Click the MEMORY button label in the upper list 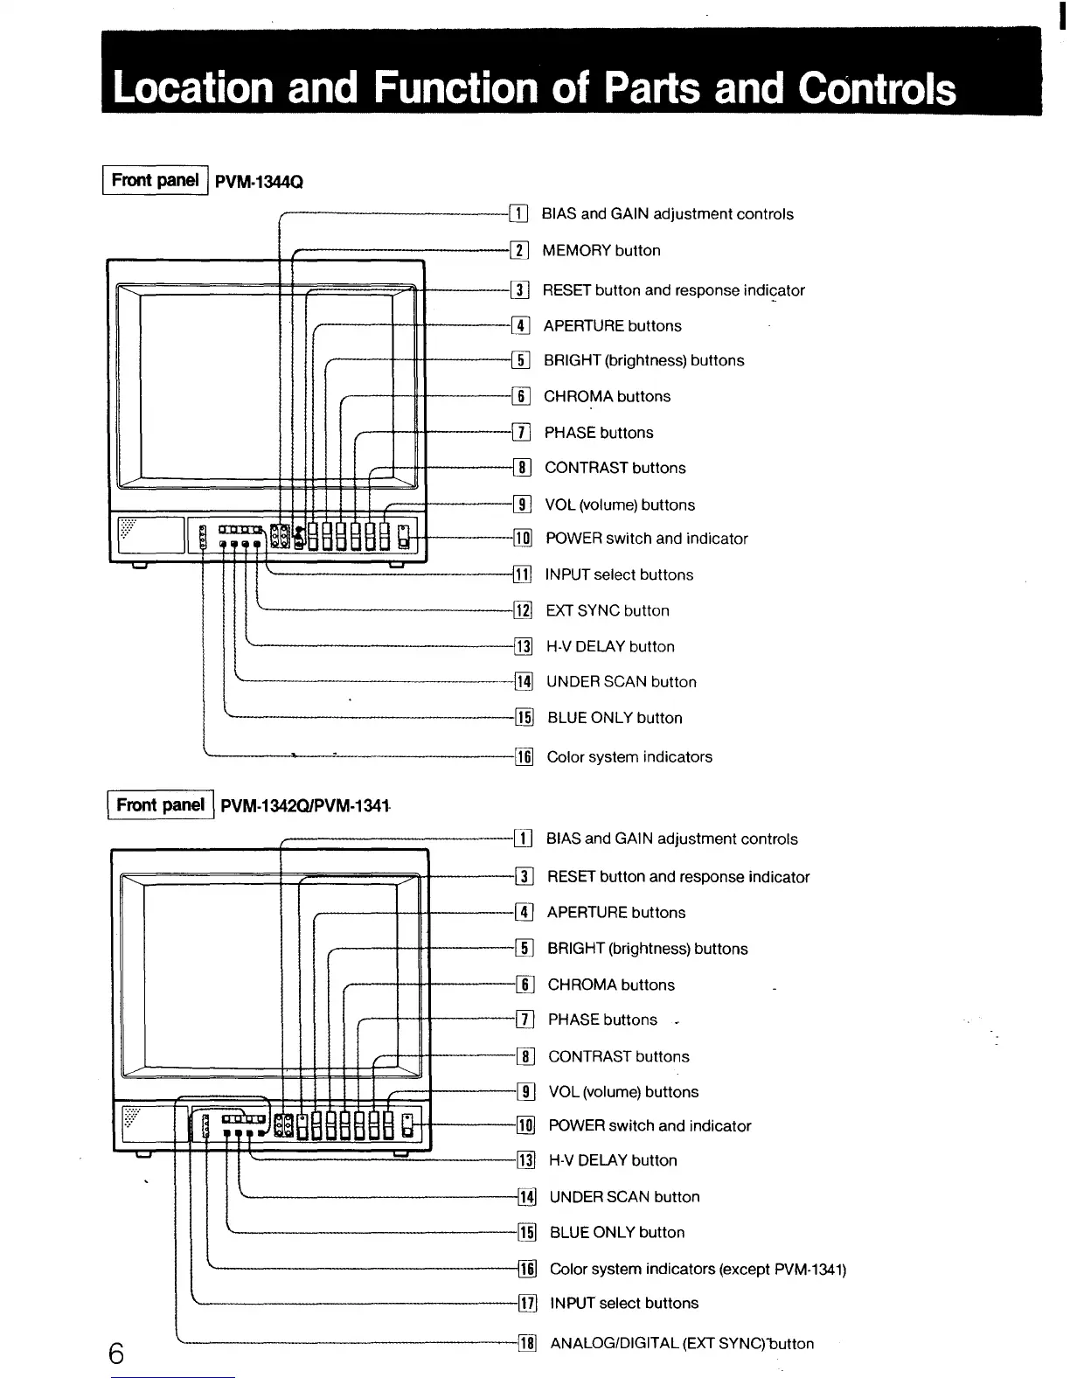pos(601,251)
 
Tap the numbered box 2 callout pos(519,251)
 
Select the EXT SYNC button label pos(608,611)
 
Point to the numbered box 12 pos(523,611)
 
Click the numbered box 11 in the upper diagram pos(522,575)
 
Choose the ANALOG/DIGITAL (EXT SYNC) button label pos(682,1344)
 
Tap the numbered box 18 pos(527,1344)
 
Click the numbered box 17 pos(527,1304)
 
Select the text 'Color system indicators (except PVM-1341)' pos(698,1269)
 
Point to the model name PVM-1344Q pos(259,182)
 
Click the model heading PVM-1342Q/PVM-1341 pos(304,805)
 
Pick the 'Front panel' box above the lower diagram pos(160,804)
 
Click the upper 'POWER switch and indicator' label pos(647,539)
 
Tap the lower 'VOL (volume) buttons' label pos(623,1092)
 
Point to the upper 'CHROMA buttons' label pos(608,397)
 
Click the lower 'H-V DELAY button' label pos(613,1161)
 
